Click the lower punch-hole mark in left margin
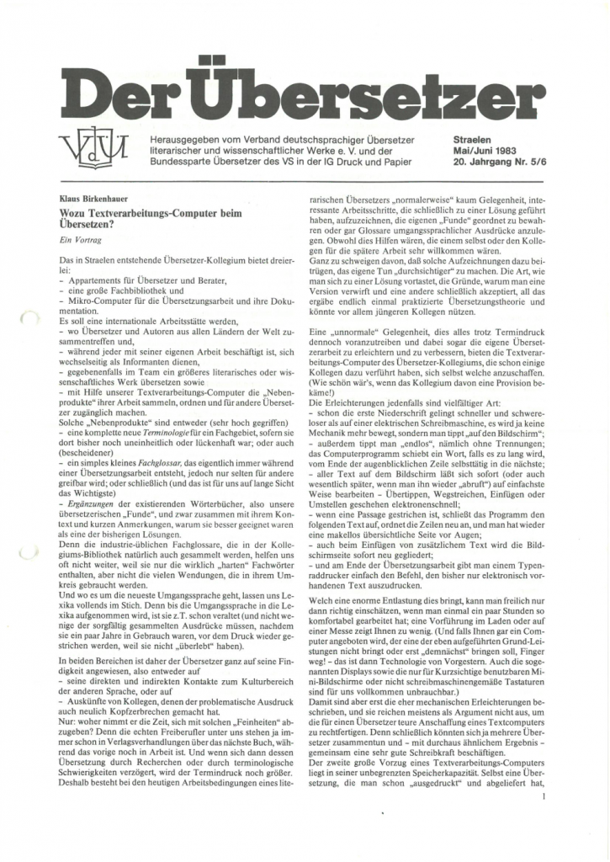coord(28,551)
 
